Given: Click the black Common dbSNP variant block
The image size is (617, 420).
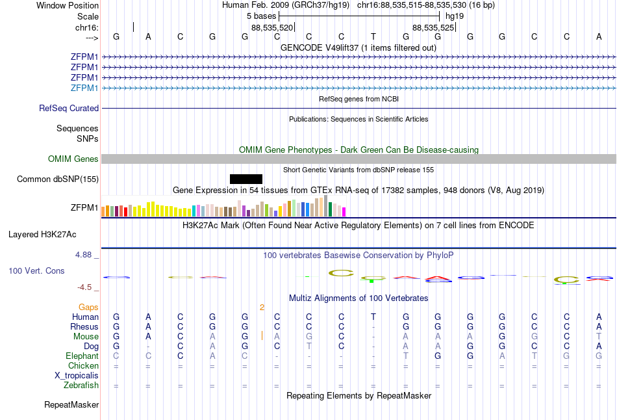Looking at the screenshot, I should point(246,179).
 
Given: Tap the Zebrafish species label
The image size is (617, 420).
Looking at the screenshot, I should point(82,386).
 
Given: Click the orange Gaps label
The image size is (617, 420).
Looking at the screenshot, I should point(88,307).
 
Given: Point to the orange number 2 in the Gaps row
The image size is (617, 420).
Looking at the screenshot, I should point(262,307).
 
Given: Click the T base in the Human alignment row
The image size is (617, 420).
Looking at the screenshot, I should point(373,317).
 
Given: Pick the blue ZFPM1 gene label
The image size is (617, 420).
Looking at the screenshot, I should point(84,88).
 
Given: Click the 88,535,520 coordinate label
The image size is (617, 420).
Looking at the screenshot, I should point(272,27).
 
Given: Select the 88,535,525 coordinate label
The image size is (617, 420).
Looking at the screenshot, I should point(433,27).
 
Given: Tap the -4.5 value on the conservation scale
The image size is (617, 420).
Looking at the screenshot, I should point(84,287).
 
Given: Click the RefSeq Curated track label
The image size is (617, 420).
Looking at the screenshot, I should point(69,109).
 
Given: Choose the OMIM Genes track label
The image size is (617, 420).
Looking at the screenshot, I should point(73,159).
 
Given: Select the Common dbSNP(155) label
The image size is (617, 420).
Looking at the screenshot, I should point(57,179).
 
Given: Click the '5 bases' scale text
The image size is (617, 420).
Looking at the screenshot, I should point(260,15).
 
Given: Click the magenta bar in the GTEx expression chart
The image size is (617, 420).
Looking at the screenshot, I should point(344,211).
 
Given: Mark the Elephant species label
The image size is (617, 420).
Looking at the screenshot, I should point(82,356).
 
